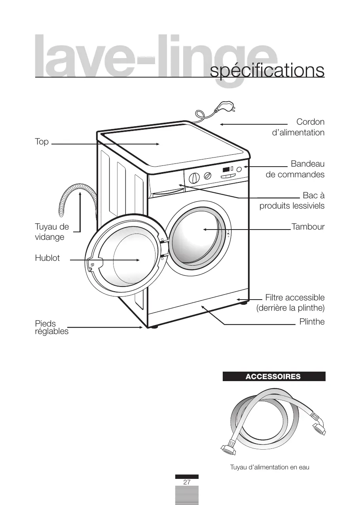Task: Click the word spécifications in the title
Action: [267, 71]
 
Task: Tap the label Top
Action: [42, 142]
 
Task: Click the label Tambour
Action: [308, 227]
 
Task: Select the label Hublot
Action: [47, 258]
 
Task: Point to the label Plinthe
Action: [312, 321]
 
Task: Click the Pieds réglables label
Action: [51, 328]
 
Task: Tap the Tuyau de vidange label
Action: [52, 232]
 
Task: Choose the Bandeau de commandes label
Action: [295, 169]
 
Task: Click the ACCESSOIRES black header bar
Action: [274, 376]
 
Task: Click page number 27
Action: [187, 482]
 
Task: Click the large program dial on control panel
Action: [194, 178]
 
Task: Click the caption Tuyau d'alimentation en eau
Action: [270, 467]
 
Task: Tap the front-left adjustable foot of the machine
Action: [153, 327]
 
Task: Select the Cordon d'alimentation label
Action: [298, 127]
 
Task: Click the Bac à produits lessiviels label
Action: [292, 201]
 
